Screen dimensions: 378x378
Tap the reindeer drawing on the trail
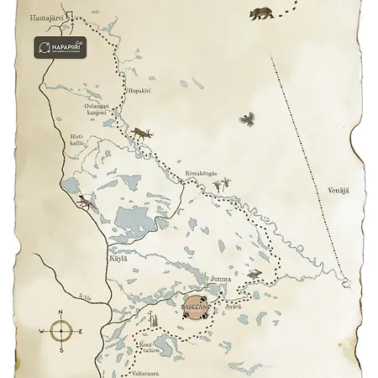[x=140, y=133]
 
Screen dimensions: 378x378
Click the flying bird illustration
[x=247, y=119]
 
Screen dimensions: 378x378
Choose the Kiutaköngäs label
[x=201, y=174]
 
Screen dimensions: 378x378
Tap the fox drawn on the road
[x=86, y=202]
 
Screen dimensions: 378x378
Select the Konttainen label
[x=148, y=348]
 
